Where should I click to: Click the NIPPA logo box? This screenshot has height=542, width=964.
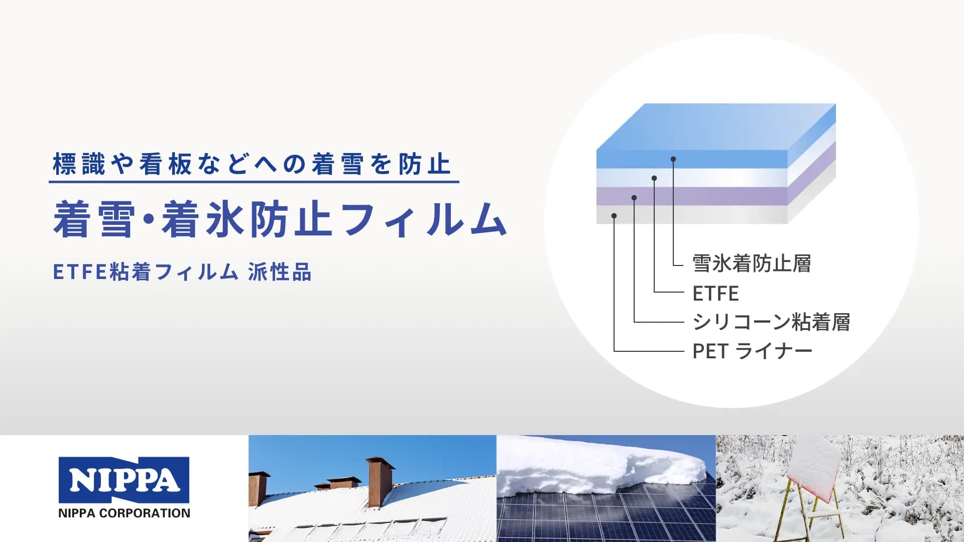pos(124,480)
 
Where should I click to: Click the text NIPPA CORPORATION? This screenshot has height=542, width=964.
pos(124,513)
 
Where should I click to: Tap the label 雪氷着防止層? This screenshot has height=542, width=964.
pos(752,263)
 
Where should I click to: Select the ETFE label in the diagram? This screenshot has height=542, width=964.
pos(715,294)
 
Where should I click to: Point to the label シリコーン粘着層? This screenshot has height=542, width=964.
pos(771,322)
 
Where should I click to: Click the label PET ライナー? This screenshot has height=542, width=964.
pos(752,351)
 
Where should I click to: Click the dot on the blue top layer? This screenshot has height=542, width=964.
pos(673,159)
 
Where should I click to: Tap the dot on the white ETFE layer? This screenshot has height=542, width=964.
pos(654,178)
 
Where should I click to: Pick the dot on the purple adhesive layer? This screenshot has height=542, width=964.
pos(634,198)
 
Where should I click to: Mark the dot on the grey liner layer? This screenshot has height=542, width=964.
pos(614,216)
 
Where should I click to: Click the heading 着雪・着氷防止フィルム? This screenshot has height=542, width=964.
pos(280,219)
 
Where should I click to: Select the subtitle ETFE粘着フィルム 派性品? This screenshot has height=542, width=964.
pos(182,272)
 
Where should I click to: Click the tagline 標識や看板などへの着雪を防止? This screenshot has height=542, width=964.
pos(252,164)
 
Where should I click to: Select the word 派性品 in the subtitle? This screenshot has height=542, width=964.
pos(280,272)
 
